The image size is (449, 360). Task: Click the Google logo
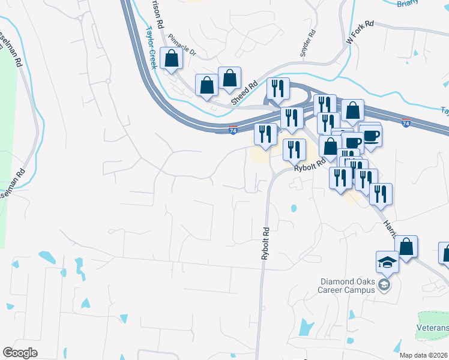[x=20, y=353]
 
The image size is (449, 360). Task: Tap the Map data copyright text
[x=424, y=355]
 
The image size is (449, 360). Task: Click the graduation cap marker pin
[x=387, y=262]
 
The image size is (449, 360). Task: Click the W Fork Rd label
[x=360, y=32]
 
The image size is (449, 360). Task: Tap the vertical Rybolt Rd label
[x=264, y=243]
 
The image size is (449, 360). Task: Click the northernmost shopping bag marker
[x=172, y=59]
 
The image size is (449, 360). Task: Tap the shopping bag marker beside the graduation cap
[x=406, y=247]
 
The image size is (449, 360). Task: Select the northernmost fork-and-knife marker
[x=278, y=88]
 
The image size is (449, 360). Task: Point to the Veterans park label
[x=433, y=328]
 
